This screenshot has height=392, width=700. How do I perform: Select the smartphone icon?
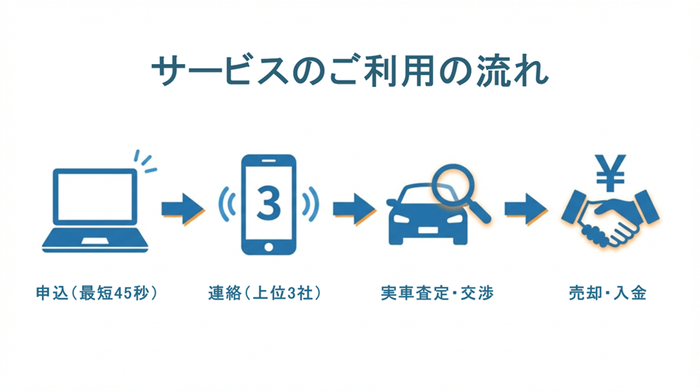point(268,204)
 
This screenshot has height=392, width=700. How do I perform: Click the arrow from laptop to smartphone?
point(183,209)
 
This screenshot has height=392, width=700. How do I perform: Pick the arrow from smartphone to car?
point(353,209)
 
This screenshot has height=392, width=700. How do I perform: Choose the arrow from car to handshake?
point(525,209)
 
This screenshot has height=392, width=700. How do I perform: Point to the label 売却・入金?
point(608,294)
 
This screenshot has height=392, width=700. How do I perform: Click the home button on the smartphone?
point(269,244)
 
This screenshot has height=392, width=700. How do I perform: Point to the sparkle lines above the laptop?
point(145,160)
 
